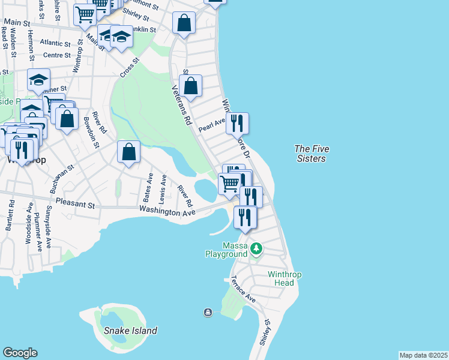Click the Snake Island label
click(x=130, y=331)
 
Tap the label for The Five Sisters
click(x=312, y=154)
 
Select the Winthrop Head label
click(x=280, y=279)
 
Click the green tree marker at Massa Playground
click(x=257, y=248)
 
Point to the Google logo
click(x=20, y=353)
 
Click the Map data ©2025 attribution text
click(x=423, y=355)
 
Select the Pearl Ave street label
click(x=211, y=125)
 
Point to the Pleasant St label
click(x=75, y=205)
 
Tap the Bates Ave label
click(x=148, y=187)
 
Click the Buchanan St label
click(x=62, y=179)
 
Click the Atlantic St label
click(x=56, y=43)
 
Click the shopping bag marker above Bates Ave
click(x=128, y=152)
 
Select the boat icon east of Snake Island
click(x=208, y=312)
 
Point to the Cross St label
click(x=129, y=68)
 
